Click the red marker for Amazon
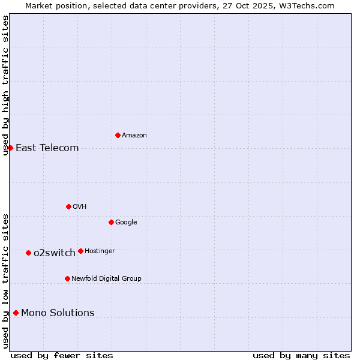pyautogui.click(x=118, y=135)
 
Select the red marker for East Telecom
pyautogui.click(x=10, y=148)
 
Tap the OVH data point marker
pyautogui.click(x=68, y=206)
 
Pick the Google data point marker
pyautogui.click(x=111, y=222)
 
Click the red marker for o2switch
pyautogui.click(x=28, y=253)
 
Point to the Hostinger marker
pyautogui.click(x=80, y=251)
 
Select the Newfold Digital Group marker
pyautogui.click(x=67, y=278)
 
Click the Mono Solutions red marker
pyautogui.click(x=16, y=313)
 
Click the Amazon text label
pyautogui.click(x=134, y=136)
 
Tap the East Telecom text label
pyautogui.click(x=47, y=148)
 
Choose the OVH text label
pyautogui.click(x=80, y=207)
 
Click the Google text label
pyautogui.click(x=126, y=223)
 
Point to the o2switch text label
pyautogui.click(x=55, y=253)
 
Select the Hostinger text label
pyautogui.click(x=100, y=251)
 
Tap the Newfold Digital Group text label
pyautogui.click(x=106, y=279)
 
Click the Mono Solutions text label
pyautogui.click(x=58, y=313)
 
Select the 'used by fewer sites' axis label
pyautogui.click(x=62, y=355)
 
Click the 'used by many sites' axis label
pyautogui.click(x=301, y=355)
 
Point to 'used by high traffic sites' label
pyautogui.click(x=5, y=85)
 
